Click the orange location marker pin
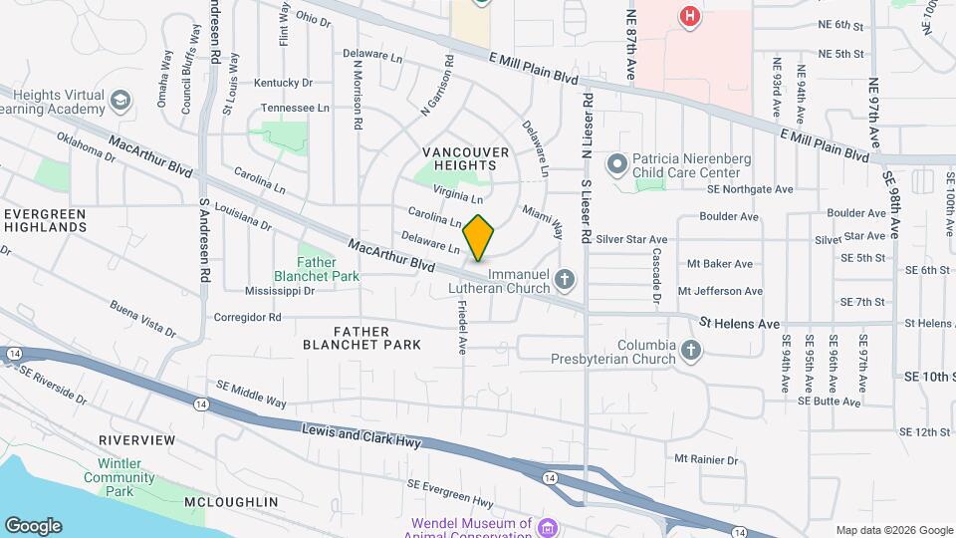[x=479, y=237]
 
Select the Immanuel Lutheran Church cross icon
[x=566, y=279]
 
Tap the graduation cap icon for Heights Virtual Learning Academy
[x=120, y=101]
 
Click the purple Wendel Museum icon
[x=546, y=526]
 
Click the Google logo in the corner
[x=33, y=526]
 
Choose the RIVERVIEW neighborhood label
[x=137, y=440]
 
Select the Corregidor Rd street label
[x=248, y=318]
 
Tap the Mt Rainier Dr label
[x=706, y=460]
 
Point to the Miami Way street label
[x=544, y=223]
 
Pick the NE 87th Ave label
[x=630, y=45]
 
